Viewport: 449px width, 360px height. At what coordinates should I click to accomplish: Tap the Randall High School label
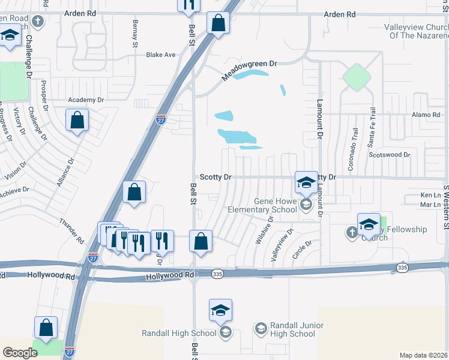click(x=178, y=333)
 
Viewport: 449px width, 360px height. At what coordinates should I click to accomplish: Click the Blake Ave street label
click(x=161, y=55)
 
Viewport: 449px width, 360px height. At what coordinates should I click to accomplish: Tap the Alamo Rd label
click(x=426, y=115)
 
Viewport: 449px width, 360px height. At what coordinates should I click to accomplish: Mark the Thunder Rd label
click(x=71, y=231)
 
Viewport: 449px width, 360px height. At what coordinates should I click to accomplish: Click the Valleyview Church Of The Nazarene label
click(x=415, y=31)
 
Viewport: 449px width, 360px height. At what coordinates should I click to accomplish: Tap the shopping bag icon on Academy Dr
click(x=77, y=121)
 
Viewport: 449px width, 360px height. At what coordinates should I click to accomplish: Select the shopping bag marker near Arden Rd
click(x=218, y=24)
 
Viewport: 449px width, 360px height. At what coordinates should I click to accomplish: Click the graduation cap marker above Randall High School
click(x=220, y=310)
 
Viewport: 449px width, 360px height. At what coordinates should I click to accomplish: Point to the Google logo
click(x=19, y=353)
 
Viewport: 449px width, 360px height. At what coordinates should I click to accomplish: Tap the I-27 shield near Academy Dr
click(x=160, y=119)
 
